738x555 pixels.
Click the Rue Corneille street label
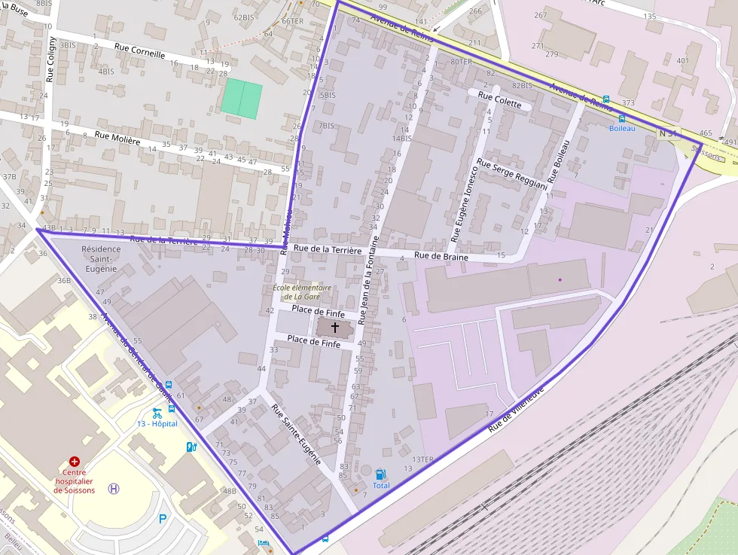(x=139, y=50)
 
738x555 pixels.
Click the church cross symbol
(x=335, y=328)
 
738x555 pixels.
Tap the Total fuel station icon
(x=381, y=474)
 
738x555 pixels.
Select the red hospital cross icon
(x=75, y=461)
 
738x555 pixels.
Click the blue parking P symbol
(x=163, y=518)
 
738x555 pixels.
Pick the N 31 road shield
(x=668, y=133)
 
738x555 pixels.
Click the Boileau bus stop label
(x=622, y=129)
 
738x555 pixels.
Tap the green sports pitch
(x=241, y=98)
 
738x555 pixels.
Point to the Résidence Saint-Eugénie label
(x=101, y=258)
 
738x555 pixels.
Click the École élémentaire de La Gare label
(x=302, y=291)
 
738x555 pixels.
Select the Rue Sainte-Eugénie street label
(x=297, y=434)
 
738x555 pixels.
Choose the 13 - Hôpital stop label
(x=157, y=424)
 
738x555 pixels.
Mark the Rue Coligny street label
(x=50, y=59)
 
